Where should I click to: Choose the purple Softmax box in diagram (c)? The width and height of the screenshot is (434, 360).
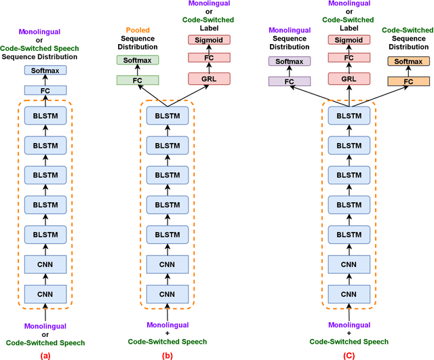click(x=290, y=61)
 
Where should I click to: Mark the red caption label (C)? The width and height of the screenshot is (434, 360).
click(x=348, y=353)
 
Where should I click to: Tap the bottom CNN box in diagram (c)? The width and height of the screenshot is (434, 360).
click(x=348, y=293)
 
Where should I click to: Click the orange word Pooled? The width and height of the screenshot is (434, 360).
click(x=138, y=31)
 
